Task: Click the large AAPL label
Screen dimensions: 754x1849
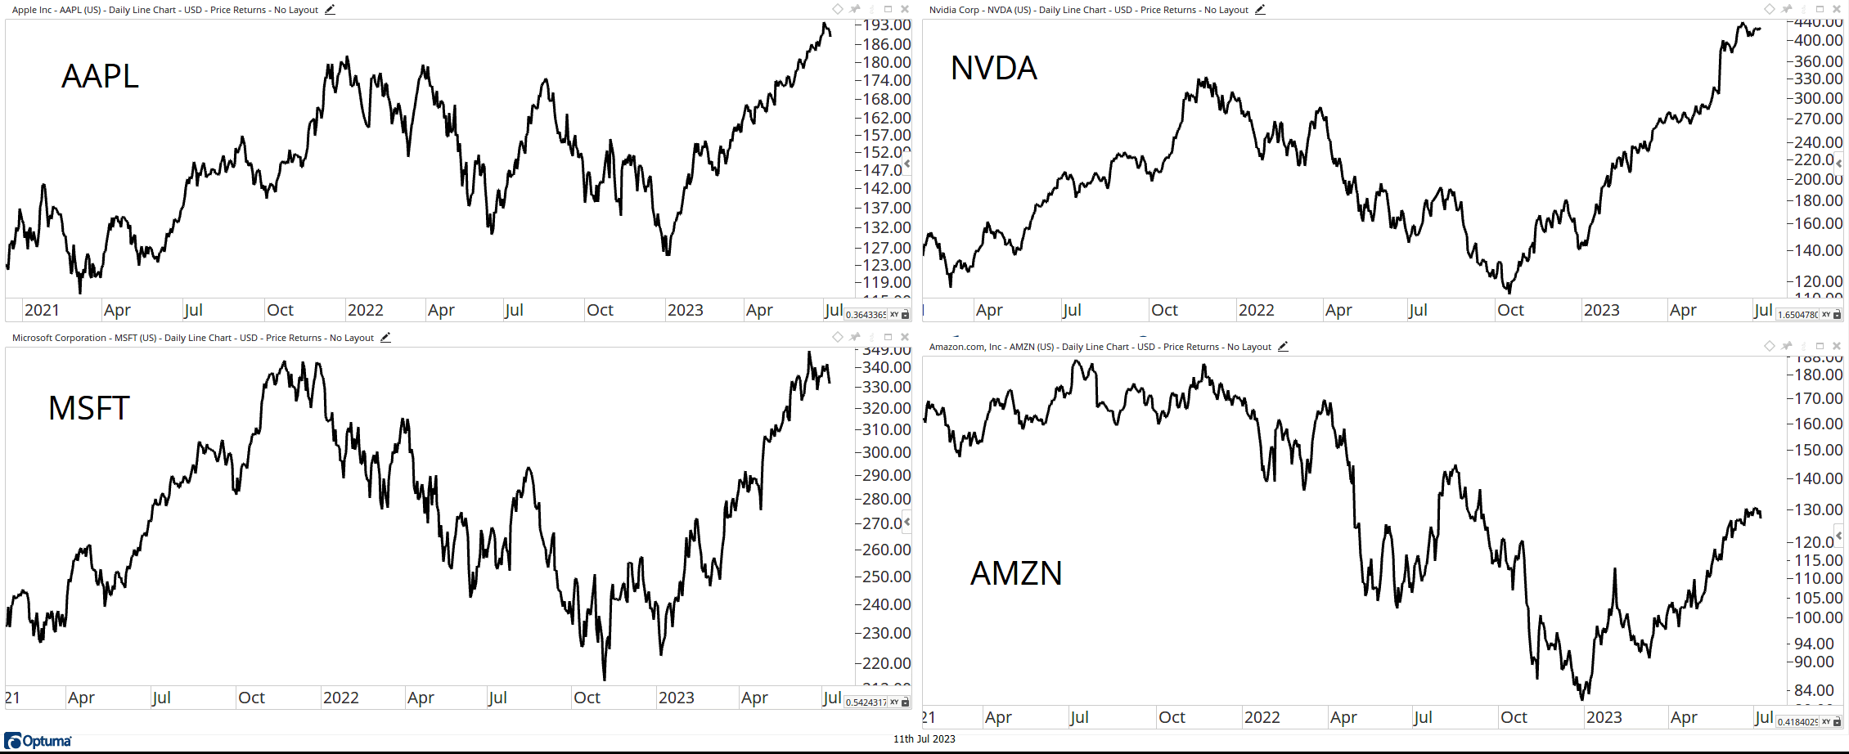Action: coord(100,76)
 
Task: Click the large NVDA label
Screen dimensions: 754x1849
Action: coord(993,68)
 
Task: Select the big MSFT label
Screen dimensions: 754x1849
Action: coord(89,408)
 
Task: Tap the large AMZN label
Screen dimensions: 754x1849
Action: coord(1015,573)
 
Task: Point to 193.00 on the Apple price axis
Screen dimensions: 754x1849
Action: coord(887,25)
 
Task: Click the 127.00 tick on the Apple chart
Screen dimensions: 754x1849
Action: coord(887,248)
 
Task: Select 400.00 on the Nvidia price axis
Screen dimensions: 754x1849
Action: coord(1818,40)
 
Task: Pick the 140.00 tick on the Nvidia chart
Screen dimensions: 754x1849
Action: coord(1818,250)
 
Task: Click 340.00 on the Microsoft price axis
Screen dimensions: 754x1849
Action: coord(887,367)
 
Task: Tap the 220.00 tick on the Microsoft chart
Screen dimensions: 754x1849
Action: coord(887,663)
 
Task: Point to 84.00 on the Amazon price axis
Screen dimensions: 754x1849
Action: coord(1814,690)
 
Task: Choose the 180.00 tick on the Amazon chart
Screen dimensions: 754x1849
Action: coord(1818,375)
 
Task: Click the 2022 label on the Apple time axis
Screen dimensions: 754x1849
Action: coord(365,310)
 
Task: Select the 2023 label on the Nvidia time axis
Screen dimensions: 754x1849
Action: coord(1601,310)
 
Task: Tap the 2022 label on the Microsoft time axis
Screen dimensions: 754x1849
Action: coord(340,698)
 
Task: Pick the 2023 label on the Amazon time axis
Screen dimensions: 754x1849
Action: coord(1604,717)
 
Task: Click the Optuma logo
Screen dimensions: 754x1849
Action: coord(38,741)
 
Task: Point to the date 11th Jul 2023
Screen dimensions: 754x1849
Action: coord(924,739)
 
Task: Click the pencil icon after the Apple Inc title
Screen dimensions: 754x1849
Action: coord(330,10)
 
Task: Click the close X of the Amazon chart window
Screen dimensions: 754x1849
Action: coord(1837,346)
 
